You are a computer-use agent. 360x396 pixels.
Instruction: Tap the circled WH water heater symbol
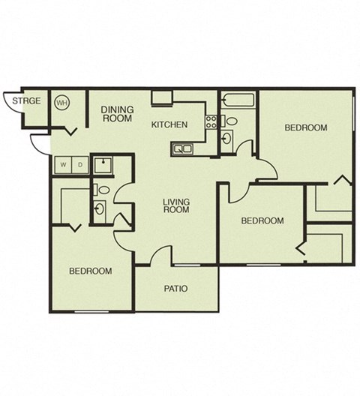click(x=62, y=103)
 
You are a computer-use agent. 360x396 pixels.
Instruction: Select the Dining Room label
click(x=118, y=114)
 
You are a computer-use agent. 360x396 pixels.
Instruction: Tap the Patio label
click(x=175, y=288)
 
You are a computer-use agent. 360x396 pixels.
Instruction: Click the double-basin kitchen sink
click(x=181, y=149)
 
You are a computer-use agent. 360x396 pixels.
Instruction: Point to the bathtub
click(x=238, y=100)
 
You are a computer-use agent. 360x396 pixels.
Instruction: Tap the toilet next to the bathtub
click(x=232, y=120)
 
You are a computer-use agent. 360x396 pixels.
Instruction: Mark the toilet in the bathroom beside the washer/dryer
click(x=103, y=190)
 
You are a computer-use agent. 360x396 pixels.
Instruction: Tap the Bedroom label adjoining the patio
click(x=91, y=271)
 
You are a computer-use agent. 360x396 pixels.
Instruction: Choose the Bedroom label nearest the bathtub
click(x=305, y=128)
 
